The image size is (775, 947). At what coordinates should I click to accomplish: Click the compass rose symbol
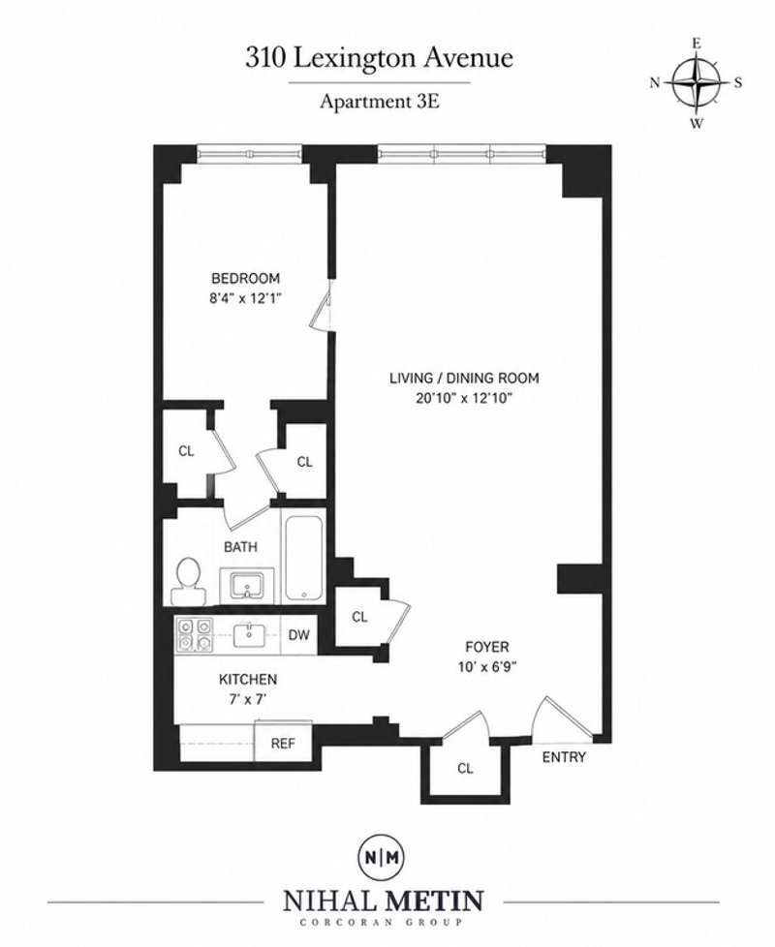click(x=697, y=83)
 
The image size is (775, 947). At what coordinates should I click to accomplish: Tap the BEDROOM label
click(x=245, y=279)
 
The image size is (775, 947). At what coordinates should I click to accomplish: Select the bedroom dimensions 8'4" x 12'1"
click(x=245, y=297)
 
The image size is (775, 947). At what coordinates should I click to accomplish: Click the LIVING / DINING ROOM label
click(x=464, y=379)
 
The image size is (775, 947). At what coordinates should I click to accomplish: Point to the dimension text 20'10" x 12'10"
click(x=464, y=399)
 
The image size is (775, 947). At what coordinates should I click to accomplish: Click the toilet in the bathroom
click(x=187, y=580)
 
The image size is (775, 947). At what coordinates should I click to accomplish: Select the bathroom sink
click(x=247, y=585)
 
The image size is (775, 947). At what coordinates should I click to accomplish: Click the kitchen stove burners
click(x=194, y=635)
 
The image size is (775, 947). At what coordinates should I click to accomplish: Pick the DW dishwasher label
click(x=298, y=635)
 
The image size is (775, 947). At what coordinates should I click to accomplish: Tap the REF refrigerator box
click(x=283, y=743)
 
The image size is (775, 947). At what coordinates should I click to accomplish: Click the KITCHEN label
click(x=248, y=680)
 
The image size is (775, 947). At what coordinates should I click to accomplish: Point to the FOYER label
click(x=487, y=648)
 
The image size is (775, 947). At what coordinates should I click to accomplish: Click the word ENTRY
click(x=564, y=757)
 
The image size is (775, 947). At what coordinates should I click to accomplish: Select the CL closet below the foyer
click(x=465, y=768)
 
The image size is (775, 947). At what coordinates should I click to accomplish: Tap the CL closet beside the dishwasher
click(x=360, y=617)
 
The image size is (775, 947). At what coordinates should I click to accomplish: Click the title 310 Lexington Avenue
click(x=379, y=59)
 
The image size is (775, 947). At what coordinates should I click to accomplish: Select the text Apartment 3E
click(x=379, y=101)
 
